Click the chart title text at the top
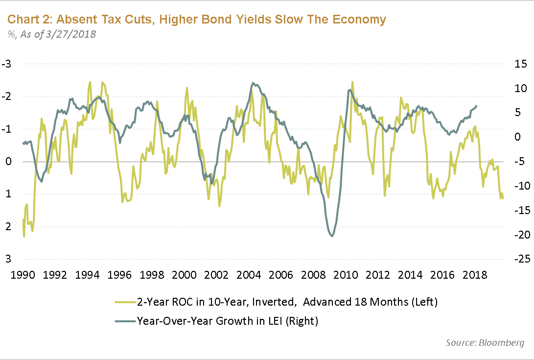196,20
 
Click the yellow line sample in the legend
124,302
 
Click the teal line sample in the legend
124,321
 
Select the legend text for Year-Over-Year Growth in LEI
228,321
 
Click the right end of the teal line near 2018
477,105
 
